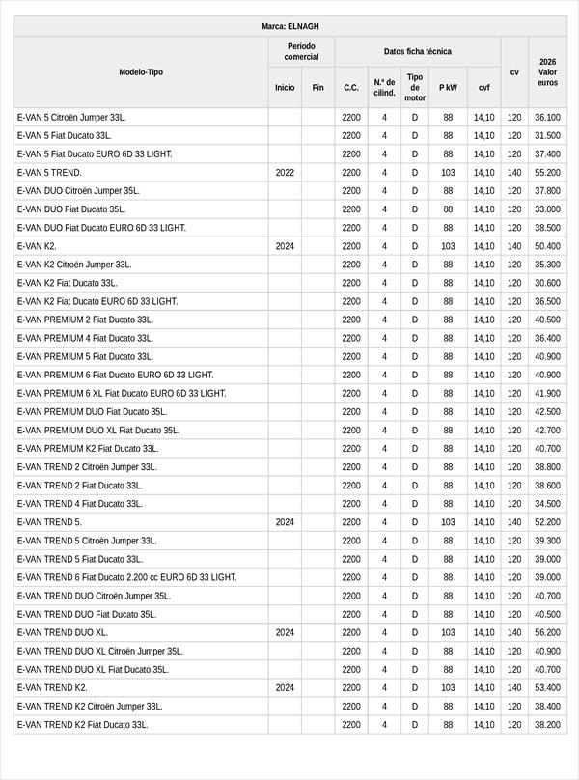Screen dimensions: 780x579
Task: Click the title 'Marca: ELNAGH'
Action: [x=289, y=26]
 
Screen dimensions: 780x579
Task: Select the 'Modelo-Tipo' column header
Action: [x=141, y=72]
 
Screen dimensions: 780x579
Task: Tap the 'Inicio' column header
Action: [x=285, y=87]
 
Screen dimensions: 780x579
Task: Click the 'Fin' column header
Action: [x=317, y=87]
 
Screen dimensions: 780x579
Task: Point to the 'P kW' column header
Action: [x=448, y=87]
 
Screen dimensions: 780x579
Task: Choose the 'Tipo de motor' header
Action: [x=415, y=87]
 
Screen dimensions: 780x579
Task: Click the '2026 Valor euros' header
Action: [x=547, y=72]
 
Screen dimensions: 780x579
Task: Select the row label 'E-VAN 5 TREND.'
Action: [x=49, y=172]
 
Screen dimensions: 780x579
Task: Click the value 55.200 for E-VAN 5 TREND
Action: [x=547, y=172]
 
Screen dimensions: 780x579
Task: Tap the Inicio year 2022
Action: [x=285, y=172]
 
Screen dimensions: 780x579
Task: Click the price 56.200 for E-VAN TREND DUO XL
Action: [x=547, y=632]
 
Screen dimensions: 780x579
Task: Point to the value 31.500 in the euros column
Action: [x=547, y=135]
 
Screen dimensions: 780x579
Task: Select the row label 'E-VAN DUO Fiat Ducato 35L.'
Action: [x=71, y=209]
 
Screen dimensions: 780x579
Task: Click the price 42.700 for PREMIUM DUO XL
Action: [x=547, y=430]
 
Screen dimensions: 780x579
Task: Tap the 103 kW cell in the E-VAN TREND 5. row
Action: [x=448, y=521]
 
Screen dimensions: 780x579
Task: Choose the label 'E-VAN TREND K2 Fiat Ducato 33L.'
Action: [x=83, y=724]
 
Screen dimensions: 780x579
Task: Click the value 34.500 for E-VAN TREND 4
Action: [x=547, y=503]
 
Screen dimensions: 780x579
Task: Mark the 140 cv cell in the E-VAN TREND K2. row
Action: [x=514, y=687]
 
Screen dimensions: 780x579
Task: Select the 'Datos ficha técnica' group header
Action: [x=417, y=51]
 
